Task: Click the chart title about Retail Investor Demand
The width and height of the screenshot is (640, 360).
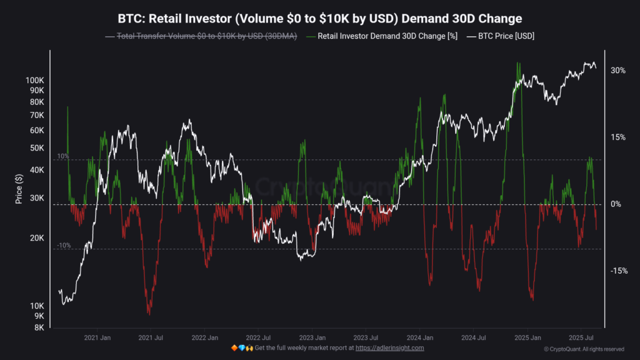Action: point(319,18)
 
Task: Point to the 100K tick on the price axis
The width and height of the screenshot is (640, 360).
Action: point(34,81)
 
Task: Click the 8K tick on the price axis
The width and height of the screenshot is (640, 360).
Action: point(38,327)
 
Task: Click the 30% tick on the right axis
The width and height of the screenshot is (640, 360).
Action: point(618,71)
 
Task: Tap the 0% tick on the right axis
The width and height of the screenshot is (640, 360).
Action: point(616,204)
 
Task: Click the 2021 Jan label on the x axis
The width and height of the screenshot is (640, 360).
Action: point(97,337)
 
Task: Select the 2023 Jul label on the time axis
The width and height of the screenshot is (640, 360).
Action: point(365,337)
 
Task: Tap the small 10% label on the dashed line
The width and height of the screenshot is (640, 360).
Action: point(63,156)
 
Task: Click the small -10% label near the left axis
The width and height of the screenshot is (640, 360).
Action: point(63,246)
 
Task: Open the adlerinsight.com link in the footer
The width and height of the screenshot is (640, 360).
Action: point(389,347)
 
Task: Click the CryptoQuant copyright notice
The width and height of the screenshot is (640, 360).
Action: point(584,349)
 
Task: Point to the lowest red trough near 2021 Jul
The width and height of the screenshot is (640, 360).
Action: point(149,312)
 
